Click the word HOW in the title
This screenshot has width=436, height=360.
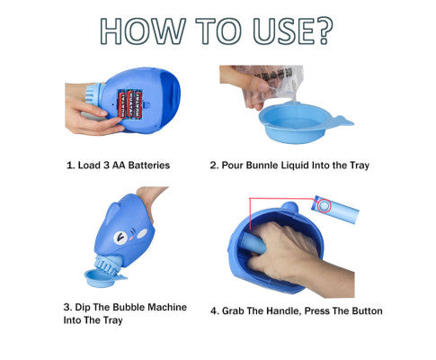(143, 31)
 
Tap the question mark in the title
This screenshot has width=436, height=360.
(324, 31)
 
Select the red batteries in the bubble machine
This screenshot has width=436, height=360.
(130, 103)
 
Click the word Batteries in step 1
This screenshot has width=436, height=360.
(149, 165)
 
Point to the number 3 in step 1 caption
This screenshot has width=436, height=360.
(106, 165)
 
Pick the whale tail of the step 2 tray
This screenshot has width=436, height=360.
(343, 121)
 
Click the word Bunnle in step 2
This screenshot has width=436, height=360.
(262, 165)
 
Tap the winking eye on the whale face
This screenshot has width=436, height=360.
(120, 238)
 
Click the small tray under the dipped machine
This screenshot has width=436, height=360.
(102, 278)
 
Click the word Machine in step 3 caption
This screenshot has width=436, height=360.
(167, 307)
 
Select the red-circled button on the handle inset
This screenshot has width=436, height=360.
(324, 206)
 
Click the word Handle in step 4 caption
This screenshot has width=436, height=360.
(282, 311)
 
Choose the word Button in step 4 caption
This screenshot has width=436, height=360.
(367, 310)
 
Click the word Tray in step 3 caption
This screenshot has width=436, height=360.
(113, 320)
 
